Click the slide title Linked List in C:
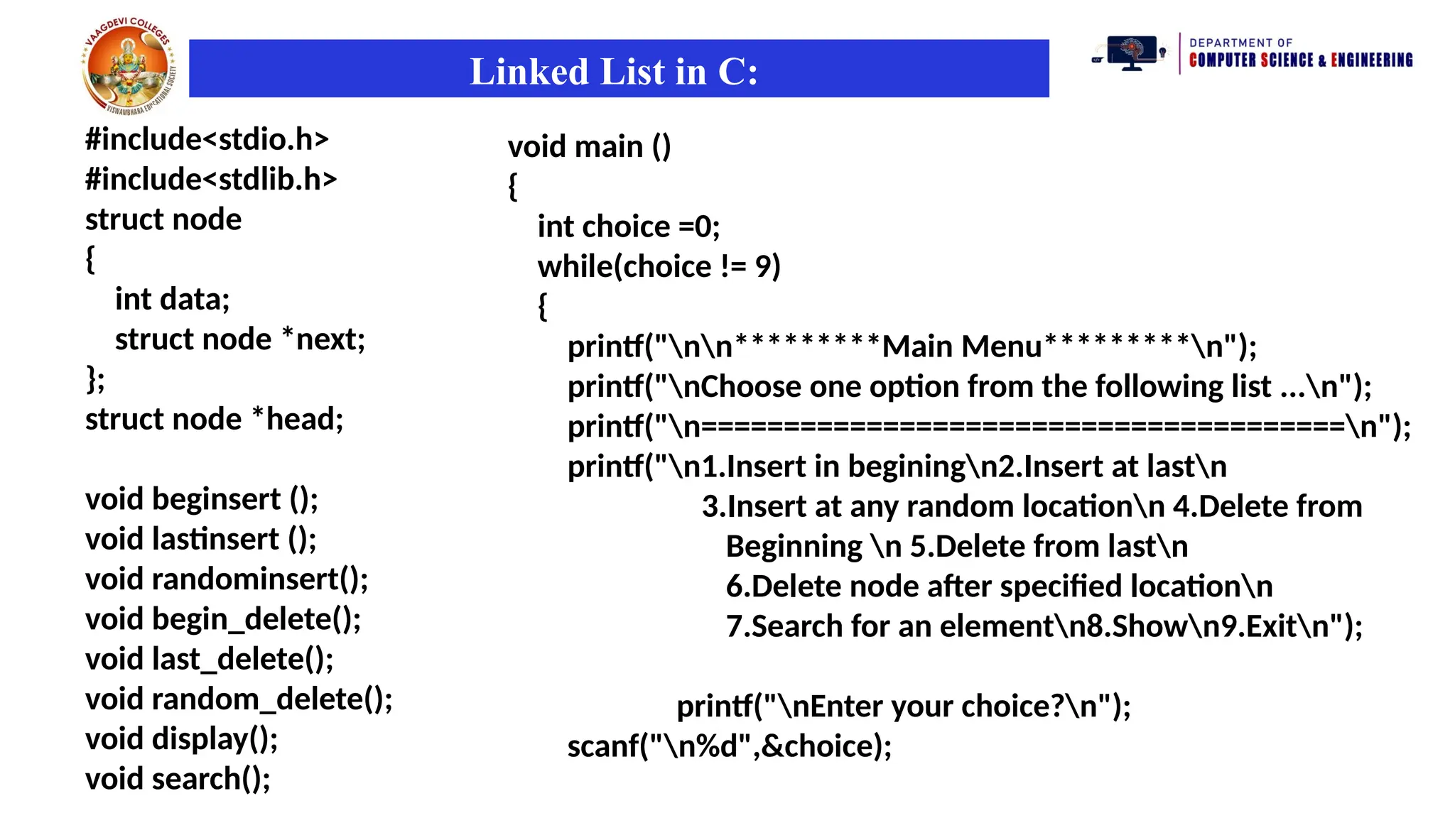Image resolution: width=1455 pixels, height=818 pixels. click(614, 72)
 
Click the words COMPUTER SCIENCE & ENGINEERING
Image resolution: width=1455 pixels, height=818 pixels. click(1300, 60)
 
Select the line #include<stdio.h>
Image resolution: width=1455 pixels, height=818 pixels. click(207, 139)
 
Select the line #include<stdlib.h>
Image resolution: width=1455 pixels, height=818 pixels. click(211, 179)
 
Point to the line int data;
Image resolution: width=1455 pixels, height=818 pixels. click(172, 299)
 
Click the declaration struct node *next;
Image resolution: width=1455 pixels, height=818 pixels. click(239, 339)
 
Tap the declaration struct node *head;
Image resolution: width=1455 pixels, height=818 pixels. click(214, 419)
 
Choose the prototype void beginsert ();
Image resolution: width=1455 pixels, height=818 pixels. click(202, 499)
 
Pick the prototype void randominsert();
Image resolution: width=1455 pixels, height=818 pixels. click(227, 579)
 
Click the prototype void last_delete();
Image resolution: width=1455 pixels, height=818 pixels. click(209, 659)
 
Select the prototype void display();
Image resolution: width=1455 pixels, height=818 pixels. click(181, 739)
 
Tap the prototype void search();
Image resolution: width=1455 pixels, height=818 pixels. click(178, 779)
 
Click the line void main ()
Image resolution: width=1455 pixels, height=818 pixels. click(589, 147)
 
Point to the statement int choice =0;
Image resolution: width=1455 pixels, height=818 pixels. click(628, 227)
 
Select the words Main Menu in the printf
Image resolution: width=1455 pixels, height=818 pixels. click(961, 347)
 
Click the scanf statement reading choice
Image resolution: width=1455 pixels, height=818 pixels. click(729, 746)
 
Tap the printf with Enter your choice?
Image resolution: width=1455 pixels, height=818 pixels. click(903, 707)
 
